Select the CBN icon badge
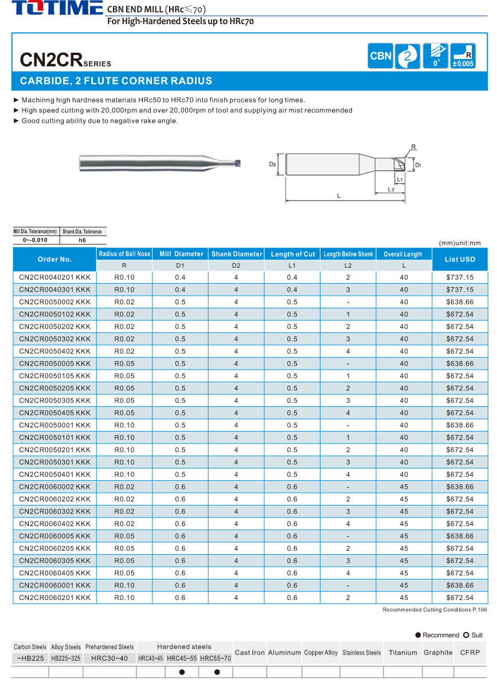point(381,56)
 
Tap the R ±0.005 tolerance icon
point(463,56)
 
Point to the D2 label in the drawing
point(273,164)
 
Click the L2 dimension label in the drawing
point(390,189)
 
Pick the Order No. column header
point(54,260)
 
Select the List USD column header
point(460,260)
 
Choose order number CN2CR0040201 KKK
point(54,277)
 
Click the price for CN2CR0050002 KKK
point(460,302)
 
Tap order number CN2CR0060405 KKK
point(54,573)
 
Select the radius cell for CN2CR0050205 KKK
point(124,389)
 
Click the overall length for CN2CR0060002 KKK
point(404,487)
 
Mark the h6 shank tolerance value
point(83,240)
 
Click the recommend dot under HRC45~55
point(182,672)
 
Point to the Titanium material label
point(402,652)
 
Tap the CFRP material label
point(470,652)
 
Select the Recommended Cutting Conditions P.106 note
point(434,610)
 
